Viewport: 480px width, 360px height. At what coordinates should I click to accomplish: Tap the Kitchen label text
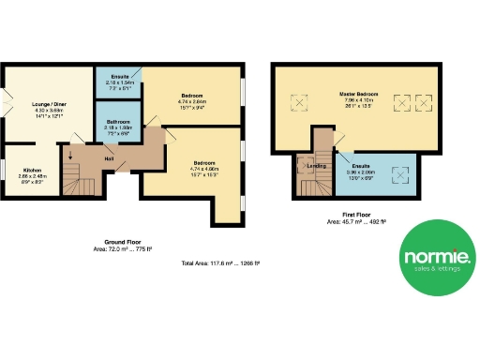34,170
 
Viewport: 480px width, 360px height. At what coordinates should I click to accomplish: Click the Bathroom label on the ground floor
118,121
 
